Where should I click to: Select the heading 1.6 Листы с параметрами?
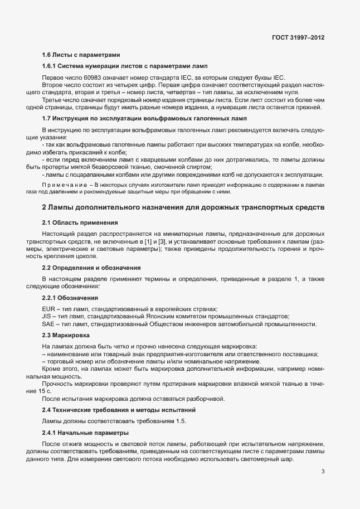pyautogui.click(x=81, y=55)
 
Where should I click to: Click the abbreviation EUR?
pyautogui.click(x=48, y=309)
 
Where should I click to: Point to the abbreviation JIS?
pyautogui.click(x=47, y=316)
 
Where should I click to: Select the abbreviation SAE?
pyautogui.click(x=48, y=324)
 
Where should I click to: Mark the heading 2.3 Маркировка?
pyautogui.click(x=66, y=335)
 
